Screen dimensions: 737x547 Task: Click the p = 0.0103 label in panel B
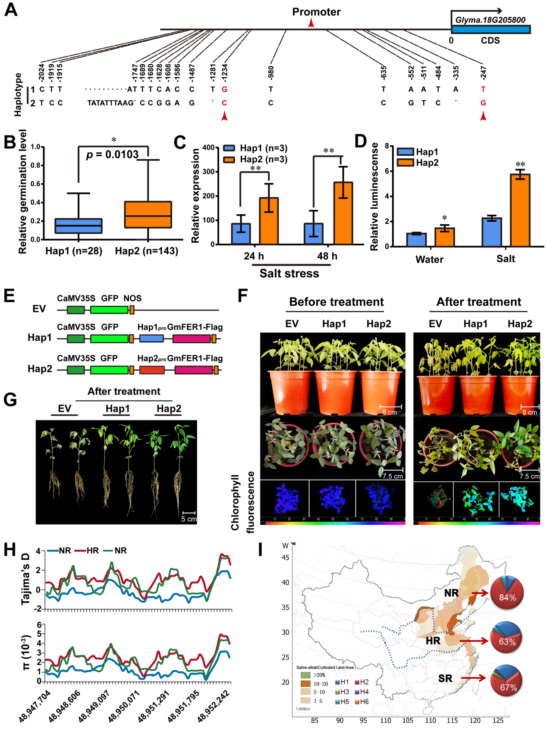click(112, 155)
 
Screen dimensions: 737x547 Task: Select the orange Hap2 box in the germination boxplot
click(148, 214)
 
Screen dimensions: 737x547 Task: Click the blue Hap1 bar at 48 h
click(314, 234)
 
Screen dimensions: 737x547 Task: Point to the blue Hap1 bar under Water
click(416, 240)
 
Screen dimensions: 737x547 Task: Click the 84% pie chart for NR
click(507, 593)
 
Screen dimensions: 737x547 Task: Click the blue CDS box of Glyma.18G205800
click(490, 29)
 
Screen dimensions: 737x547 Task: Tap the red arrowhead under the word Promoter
click(311, 23)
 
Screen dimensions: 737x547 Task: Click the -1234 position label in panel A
click(224, 73)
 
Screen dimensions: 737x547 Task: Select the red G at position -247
click(483, 103)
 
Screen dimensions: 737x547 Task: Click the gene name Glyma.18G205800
click(490, 20)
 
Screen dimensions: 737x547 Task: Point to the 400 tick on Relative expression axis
click(208, 147)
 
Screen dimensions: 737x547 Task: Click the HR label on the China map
click(433, 641)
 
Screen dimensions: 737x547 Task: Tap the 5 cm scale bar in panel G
click(189, 513)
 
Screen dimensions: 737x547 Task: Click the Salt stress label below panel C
click(289, 273)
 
